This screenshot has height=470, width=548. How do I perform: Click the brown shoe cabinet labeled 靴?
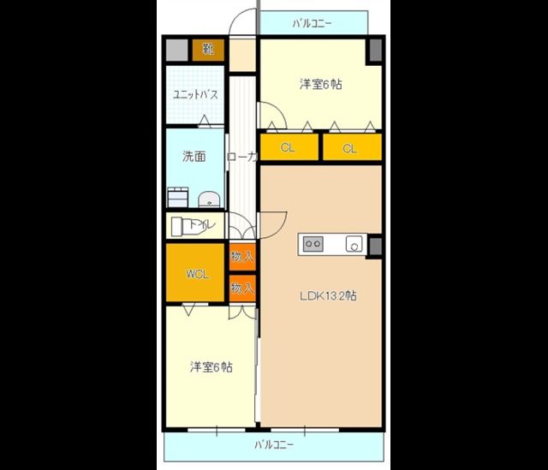click(x=208, y=50)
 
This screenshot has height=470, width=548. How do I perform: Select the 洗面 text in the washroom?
click(x=194, y=157)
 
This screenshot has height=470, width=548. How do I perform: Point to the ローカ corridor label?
click(x=242, y=158)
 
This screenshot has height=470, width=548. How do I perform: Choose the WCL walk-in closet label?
click(x=197, y=274)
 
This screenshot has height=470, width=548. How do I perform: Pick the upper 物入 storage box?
click(x=243, y=256)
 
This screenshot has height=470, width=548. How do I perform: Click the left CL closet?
click(x=289, y=147)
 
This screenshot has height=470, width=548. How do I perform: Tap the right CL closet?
click(x=350, y=147)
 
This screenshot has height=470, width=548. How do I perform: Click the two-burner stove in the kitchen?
click(x=312, y=244)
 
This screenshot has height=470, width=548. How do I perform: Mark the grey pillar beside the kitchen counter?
click(x=374, y=245)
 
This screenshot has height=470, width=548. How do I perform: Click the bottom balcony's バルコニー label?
click(x=274, y=445)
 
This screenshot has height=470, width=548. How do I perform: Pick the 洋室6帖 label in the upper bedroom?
click(x=320, y=85)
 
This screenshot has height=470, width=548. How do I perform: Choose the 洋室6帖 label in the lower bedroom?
click(x=211, y=367)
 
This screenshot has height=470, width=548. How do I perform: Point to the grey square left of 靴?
click(x=176, y=50)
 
